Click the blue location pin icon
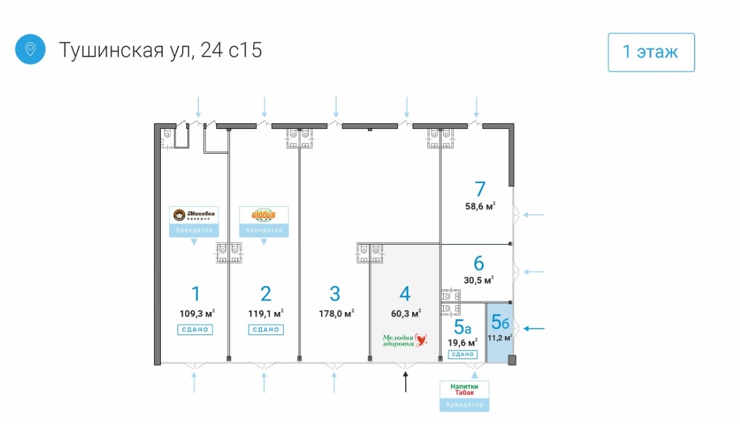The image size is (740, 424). pos(30,49)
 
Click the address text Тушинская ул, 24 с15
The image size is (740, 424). pos(160,50)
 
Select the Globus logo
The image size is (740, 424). pos(264,215)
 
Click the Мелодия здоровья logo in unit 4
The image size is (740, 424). pos(406,340)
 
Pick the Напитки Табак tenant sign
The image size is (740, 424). pos(464,390)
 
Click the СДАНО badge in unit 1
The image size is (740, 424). pos(195,330)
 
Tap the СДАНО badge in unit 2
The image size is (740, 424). pos(265,330)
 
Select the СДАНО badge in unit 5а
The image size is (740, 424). pos(463,354)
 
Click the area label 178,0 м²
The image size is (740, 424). pos(336,313)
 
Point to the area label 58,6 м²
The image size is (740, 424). pos(481,206)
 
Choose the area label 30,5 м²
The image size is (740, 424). pos(479,280)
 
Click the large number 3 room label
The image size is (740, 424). pos(335,293)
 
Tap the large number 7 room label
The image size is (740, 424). pos(479,189)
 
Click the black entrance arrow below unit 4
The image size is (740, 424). pos(406,382)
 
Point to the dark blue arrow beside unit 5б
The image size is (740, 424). pos(534,329)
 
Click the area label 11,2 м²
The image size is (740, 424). pos(500,338)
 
